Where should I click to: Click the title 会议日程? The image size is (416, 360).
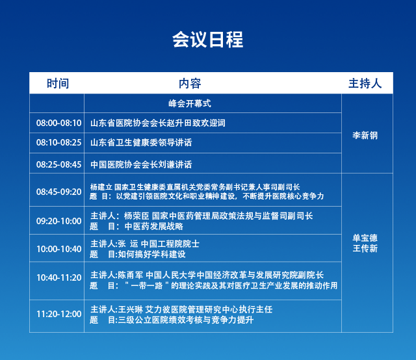[208, 40]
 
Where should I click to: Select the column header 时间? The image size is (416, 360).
[58, 83]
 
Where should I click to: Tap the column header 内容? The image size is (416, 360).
[190, 83]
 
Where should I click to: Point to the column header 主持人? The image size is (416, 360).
[365, 83]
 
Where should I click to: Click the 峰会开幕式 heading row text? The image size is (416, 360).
[190, 103]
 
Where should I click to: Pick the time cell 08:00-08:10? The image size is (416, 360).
[59, 123]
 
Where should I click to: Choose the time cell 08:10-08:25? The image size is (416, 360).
[59, 143]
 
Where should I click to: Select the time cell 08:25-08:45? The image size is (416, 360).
[59, 164]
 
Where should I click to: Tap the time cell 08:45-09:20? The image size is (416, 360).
[59, 192]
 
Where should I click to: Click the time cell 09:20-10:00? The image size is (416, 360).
[59, 221]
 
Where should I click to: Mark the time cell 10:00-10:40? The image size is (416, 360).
[59, 249]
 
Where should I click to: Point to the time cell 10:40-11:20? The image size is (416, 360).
[59, 277]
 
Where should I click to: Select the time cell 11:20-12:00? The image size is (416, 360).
[59, 314]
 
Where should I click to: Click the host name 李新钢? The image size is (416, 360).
[365, 136]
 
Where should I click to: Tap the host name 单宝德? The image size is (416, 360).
[365, 238]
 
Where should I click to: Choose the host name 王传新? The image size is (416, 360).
[365, 249]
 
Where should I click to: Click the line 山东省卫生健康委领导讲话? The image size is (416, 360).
[141, 143]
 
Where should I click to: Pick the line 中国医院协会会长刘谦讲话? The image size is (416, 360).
[141, 164]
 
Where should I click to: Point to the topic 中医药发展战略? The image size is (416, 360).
[154, 227]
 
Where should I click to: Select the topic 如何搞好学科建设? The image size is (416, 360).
[151, 255]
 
